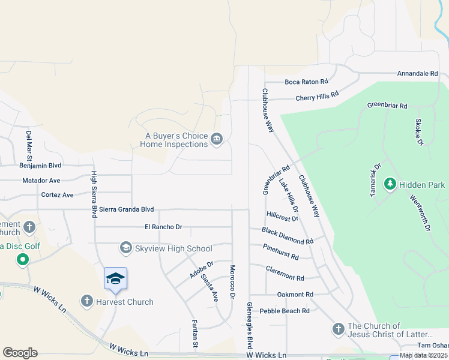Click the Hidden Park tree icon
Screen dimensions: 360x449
click(390, 182)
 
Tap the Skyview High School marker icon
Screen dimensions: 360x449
click(126, 247)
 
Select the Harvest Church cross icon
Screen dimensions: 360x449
click(87, 301)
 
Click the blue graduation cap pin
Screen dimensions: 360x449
click(115, 279)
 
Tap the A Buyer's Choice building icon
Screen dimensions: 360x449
click(217, 140)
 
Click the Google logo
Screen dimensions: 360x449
click(20, 353)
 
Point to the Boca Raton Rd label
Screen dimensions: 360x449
click(306, 82)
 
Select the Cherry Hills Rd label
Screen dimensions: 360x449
click(317, 96)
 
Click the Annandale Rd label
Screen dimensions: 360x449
click(417, 73)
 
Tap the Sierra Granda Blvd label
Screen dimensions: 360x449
click(127, 209)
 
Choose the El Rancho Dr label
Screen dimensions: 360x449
click(163, 227)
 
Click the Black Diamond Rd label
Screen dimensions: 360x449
click(288, 236)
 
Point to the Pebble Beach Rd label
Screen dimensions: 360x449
click(285, 311)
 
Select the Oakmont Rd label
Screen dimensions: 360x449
click(295, 295)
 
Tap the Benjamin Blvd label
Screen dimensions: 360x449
click(40, 165)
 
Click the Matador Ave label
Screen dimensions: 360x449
click(41, 180)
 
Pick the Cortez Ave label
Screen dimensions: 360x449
click(57, 195)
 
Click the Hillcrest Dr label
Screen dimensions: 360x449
click(282, 216)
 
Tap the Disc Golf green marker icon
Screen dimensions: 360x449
click(23, 260)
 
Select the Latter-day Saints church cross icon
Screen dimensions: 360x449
click(338, 329)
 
